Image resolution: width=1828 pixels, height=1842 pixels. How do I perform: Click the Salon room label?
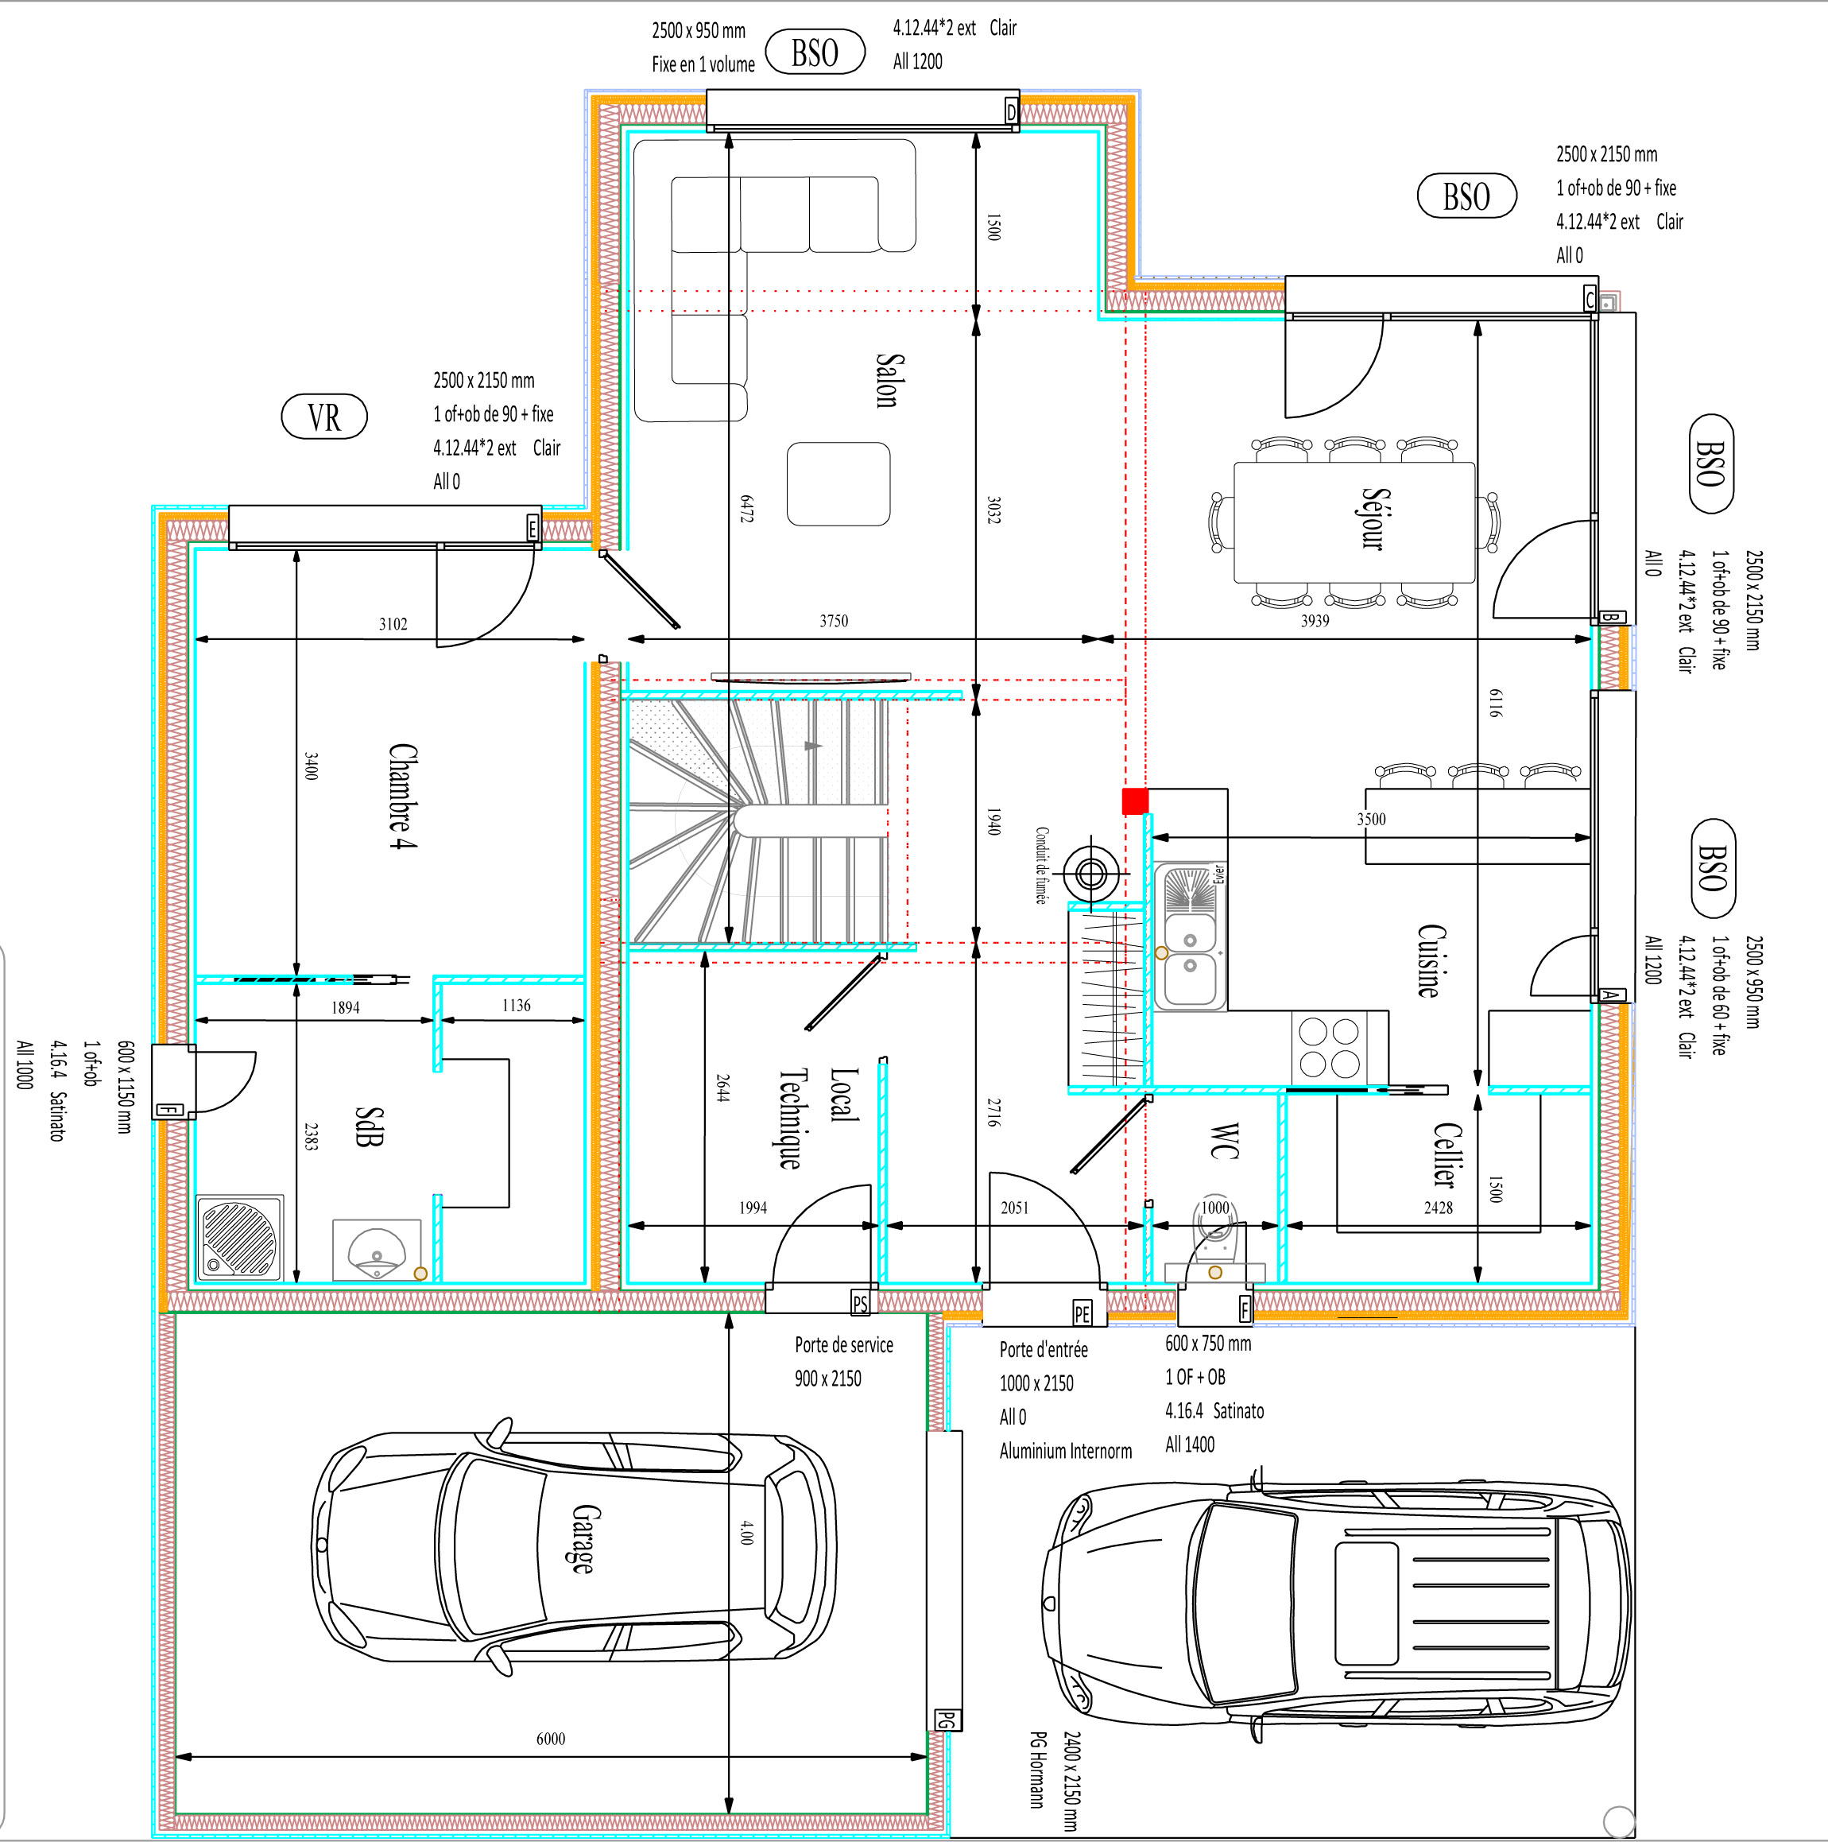(886, 381)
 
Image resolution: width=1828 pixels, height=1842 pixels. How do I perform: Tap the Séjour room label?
(1373, 518)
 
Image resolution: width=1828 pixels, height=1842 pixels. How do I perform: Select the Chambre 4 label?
(401, 796)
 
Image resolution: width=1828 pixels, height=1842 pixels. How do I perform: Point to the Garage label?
(585, 1538)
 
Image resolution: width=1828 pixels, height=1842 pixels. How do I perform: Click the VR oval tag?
(324, 417)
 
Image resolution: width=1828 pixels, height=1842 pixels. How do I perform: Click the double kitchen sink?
(1190, 937)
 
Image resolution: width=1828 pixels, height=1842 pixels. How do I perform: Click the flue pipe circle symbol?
(1091, 872)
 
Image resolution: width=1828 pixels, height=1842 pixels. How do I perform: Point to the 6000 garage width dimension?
(551, 1739)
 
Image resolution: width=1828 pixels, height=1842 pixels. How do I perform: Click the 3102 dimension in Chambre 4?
(393, 625)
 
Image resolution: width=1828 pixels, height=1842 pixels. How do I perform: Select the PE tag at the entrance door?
(1082, 1314)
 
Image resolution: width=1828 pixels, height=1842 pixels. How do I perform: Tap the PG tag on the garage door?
(946, 1720)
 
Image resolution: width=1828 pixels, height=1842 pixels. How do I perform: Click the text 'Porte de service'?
(843, 1345)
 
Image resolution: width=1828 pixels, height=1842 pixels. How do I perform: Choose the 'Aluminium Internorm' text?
(1066, 1451)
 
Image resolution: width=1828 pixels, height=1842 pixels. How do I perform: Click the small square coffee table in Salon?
(838, 484)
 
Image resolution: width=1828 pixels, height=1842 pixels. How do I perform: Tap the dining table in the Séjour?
(1354, 522)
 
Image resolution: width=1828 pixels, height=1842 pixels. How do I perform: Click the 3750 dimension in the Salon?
(833, 621)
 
